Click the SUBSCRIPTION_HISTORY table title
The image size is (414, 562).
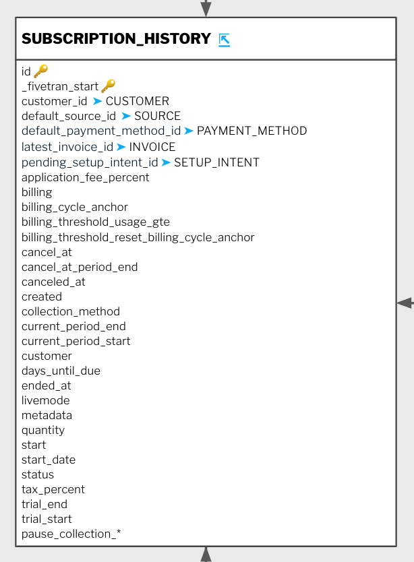(x=116, y=38)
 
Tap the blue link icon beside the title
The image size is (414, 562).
(x=225, y=40)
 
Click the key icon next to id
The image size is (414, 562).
(x=41, y=71)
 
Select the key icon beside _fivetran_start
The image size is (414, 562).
(x=109, y=86)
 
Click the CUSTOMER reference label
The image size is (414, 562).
(x=138, y=101)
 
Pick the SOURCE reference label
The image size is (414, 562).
(x=158, y=116)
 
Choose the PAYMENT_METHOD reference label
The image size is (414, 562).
(x=252, y=131)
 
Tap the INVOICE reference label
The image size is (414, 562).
(x=152, y=147)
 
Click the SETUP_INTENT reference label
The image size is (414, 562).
(x=216, y=162)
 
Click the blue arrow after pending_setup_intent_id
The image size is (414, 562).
(x=166, y=162)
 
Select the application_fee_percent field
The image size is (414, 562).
(x=86, y=178)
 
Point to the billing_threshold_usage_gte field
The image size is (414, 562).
(x=96, y=222)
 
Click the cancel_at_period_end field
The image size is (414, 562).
(x=80, y=268)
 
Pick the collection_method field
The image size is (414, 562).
(x=71, y=311)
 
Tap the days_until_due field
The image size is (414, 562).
(x=61, y=371)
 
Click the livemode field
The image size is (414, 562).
(x=46, y=400)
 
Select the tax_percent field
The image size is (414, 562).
(x=53, y=490)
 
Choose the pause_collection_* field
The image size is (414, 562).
(x=71, y=534)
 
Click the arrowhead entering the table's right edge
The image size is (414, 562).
(x=405, y=303)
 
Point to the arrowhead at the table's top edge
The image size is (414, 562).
(x=206, y=8)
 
